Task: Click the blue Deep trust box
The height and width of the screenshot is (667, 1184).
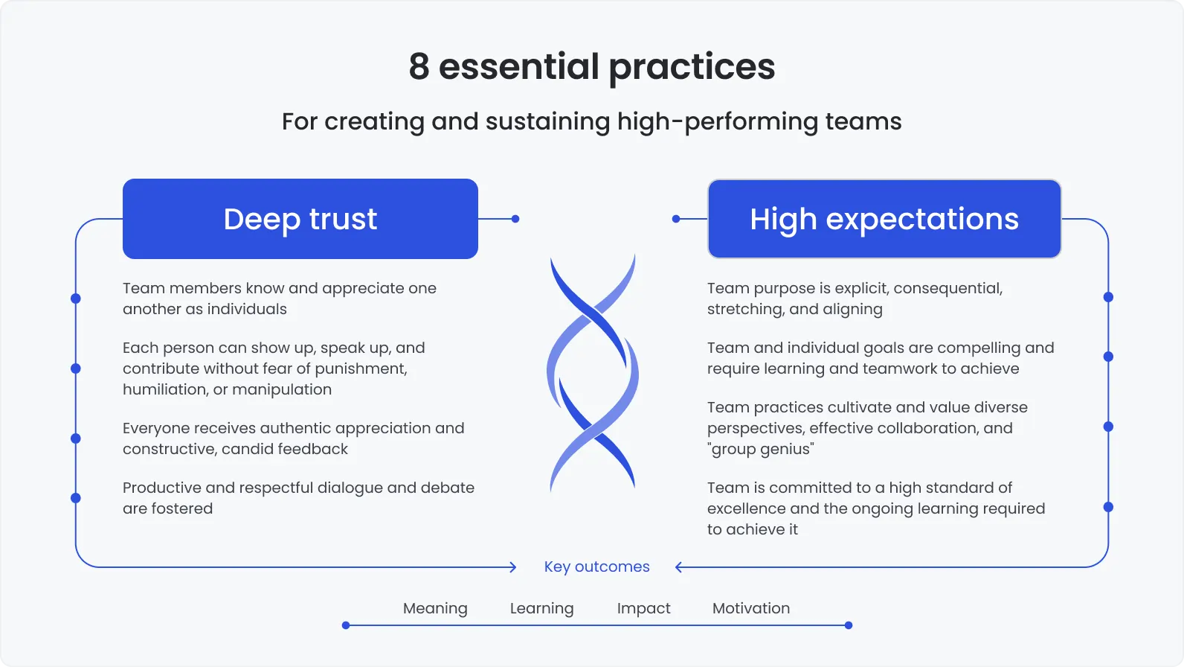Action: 300,219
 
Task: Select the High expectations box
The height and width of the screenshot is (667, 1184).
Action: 884,219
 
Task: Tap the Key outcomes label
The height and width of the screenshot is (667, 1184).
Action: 596,567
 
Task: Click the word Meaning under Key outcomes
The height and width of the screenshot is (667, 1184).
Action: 435,608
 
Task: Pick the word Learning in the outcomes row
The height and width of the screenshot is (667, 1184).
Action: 541,608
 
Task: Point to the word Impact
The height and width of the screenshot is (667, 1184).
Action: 643,608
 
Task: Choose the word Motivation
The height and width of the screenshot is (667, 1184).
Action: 751,608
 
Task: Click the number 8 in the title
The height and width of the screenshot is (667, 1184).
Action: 419,66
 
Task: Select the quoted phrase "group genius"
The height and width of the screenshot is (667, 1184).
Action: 760,449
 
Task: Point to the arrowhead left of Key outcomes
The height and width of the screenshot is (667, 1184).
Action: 513,567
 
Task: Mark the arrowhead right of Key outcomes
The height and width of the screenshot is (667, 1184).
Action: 678,567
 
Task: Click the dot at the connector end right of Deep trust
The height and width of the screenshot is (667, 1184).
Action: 515,219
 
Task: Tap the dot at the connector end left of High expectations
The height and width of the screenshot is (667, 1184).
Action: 676,219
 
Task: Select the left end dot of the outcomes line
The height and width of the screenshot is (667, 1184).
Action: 346,625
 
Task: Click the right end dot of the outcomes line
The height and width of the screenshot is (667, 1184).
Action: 849,625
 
